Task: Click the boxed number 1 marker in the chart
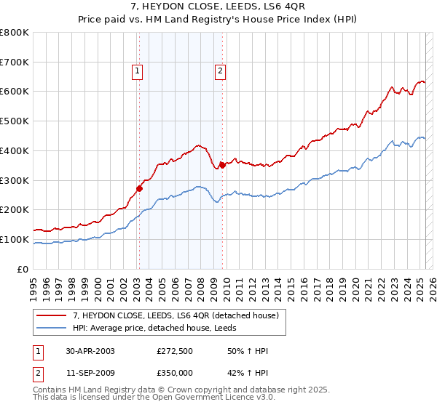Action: (x=138, y=70)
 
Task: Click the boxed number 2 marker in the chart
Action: (x=219, y=70)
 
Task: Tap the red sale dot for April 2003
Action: (x=139, y=188)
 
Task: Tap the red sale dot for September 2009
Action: (x=222, y=164)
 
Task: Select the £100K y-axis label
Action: (x=15, y=239)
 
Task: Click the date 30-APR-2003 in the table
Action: (x=90, y=351)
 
